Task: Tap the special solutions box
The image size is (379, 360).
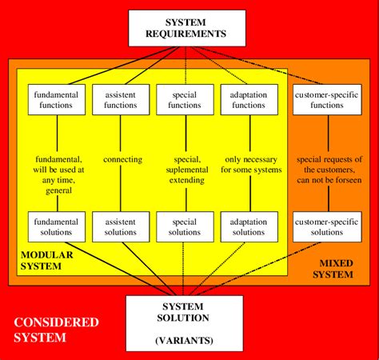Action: (186, 226)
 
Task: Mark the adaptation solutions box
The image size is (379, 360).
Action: (249, 226)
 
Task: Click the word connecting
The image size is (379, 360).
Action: (123, 159)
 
